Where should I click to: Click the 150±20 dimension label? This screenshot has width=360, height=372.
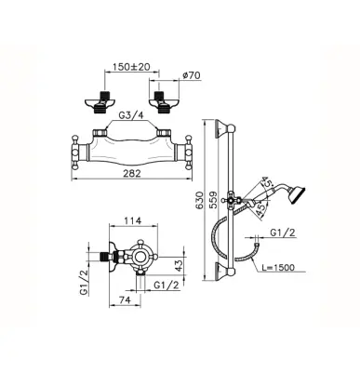pos(131,66)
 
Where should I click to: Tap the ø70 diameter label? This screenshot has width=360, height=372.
pos(192,75)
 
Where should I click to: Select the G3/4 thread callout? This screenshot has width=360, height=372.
pos(131,115)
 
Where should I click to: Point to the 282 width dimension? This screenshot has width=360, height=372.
pos(132,173)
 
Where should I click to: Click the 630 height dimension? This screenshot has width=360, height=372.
pos(200,200)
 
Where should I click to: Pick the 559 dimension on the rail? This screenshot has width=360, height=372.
pos(213,200)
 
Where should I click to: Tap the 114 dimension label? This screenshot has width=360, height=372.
pos(133,220)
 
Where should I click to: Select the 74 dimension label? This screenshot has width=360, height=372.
pos(124,299)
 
